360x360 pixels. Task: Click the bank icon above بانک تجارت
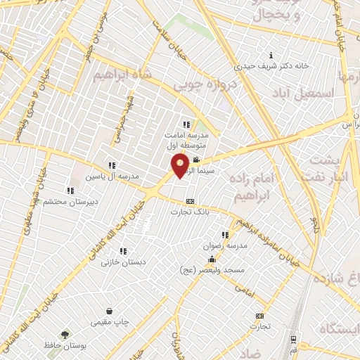pos(189,201)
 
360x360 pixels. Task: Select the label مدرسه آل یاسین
pos(103,176)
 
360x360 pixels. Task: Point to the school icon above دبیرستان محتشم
pos(70,191)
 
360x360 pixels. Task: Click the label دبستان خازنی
pos(117,262)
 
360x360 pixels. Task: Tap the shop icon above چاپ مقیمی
pos(109,311)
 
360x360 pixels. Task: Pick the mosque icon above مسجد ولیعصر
pos(212,260)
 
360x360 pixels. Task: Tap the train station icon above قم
pos(293,339)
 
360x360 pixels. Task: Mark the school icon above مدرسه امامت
pos(186,124)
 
